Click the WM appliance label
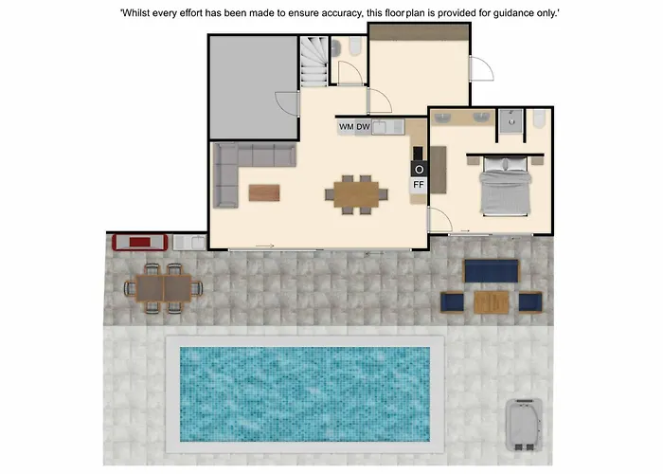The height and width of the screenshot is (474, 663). [x=347, y=126]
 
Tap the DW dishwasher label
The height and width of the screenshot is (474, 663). [x=363, y=126]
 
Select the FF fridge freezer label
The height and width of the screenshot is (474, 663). [x=419, y=185]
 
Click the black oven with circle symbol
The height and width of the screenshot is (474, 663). [x=419, y=169]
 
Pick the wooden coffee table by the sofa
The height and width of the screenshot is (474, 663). [x=264, y=192]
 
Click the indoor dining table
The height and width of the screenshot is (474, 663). [x=356, y=194]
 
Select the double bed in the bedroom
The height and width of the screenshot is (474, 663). [x=505, y=186]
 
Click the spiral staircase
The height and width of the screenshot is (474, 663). [x=314, y=61]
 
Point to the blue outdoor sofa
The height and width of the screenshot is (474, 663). [x=491, y=271]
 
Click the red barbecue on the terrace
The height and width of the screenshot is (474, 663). [x=140, y=243]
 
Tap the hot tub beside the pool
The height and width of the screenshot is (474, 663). [x=525, y=425]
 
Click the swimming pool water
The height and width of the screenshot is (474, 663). [x=305, y=394]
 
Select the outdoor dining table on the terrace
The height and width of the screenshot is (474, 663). [x=164, y=288]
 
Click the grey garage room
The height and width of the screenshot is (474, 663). [x=254, y=87]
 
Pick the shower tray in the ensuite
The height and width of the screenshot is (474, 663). [x=511, y=121]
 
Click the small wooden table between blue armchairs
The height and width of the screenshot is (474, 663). [x=492, y=302]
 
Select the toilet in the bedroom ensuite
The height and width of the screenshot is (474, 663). [x=539, y=118]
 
